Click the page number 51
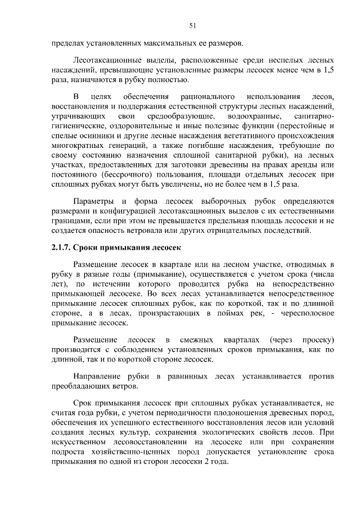point(192,25)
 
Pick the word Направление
point(101,375)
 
